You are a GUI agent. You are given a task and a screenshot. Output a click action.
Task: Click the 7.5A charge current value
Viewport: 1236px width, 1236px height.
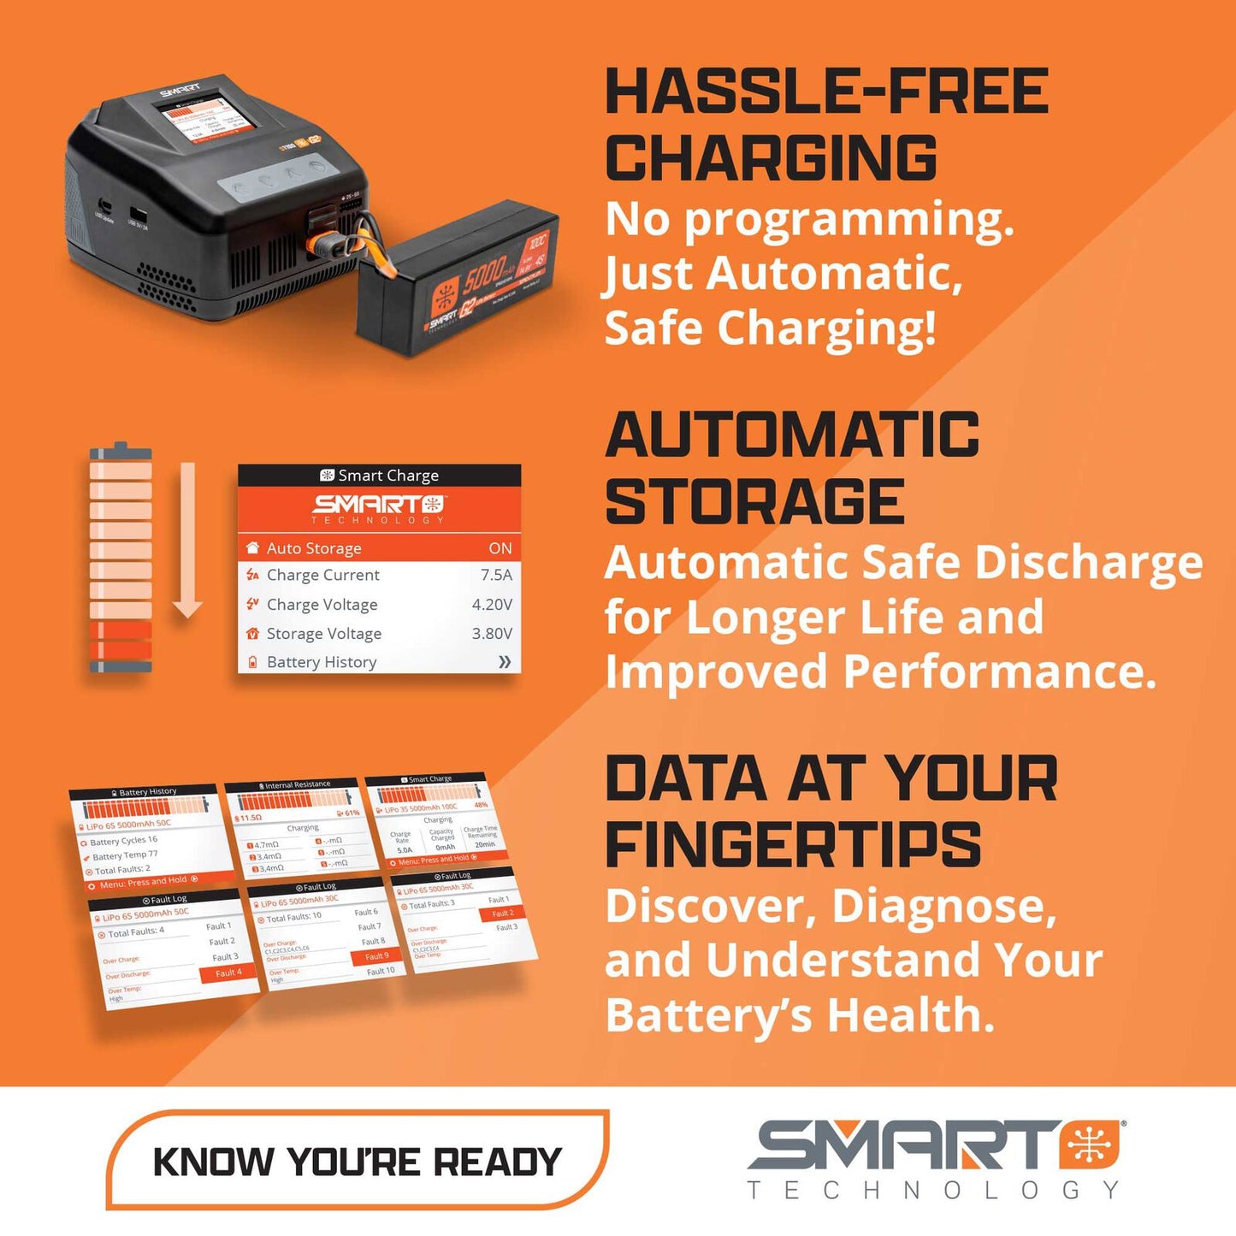coord(496,575)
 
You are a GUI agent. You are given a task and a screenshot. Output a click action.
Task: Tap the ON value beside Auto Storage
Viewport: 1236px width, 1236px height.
coord(500,548)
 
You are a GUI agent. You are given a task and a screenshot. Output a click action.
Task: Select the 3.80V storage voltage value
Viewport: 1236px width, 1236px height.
coord(492,633)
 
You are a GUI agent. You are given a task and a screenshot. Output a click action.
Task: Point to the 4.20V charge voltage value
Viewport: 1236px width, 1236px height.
coord(492,604)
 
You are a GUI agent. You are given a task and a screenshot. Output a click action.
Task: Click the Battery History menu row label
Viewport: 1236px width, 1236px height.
coord(322,662)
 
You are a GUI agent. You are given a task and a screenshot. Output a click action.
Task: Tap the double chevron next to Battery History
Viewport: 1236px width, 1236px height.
coord(505,662)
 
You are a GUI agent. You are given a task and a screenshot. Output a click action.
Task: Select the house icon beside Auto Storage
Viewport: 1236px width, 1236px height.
coord(252,548)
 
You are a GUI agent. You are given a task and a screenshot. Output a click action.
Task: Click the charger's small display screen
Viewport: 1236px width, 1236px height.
coord(204,115)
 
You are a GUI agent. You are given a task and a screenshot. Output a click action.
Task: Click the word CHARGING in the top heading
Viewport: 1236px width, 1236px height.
coord(771,158)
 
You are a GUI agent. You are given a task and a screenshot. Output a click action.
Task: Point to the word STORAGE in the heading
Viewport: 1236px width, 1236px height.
coord(754,502)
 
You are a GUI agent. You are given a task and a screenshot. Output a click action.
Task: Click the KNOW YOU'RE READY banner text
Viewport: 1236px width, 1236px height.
coord(357,1162)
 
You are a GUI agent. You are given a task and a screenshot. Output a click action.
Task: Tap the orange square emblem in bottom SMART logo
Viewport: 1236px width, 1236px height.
coord(1090,1145)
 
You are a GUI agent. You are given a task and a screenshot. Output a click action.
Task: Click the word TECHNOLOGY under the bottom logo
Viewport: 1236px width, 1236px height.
coord(932,1190)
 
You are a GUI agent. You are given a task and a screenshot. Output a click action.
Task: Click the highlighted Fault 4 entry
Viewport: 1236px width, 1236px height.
coord(228,973)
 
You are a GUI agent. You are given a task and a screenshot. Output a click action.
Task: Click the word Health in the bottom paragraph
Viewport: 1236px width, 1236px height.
coord(910,1015)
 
